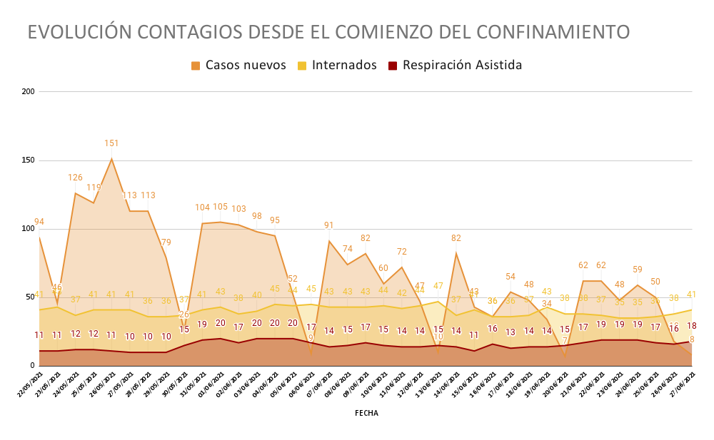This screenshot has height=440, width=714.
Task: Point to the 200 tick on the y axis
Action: pos(29,92)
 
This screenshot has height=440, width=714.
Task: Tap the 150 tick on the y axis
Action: pos(29,160)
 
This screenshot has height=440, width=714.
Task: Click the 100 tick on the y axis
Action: pos(29,229)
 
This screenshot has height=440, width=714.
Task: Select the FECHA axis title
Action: pos(366,413)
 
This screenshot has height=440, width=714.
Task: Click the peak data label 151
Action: pos(111,143)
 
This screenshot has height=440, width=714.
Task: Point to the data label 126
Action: pos(75,178)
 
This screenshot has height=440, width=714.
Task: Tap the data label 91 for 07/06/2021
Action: pos(329,225)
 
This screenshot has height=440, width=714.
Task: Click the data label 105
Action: pos(221,207)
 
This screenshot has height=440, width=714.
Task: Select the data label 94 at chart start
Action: pos(39,222)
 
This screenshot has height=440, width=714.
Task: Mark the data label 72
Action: pos(402,252)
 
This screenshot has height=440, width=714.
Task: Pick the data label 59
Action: pos(638,270)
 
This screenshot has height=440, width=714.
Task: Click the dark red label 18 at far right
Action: pos(691,326)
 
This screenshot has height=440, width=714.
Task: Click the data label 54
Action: pos(511,277)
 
